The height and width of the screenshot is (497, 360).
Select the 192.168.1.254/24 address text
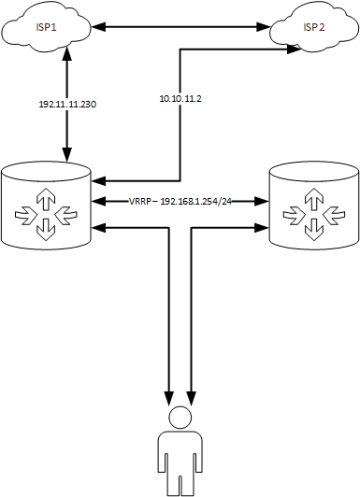pos(196,201)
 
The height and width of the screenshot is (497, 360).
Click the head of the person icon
pos(180,419)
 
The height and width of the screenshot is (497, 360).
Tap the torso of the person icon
pos(180,458)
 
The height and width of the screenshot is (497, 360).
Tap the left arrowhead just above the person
pos(169,393)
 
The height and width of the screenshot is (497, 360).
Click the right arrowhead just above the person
pos(193,393)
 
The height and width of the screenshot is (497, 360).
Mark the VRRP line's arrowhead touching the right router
pos(263,200)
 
